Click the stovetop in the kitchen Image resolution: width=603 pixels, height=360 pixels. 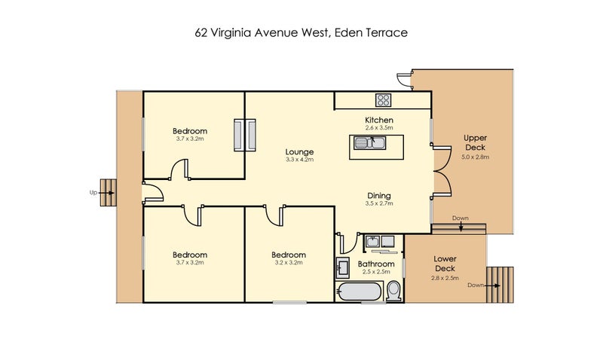(x=383, y=100)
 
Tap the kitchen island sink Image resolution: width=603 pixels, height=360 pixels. (x=369, y=143)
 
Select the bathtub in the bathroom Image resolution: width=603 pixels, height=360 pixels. (x=360, y=291)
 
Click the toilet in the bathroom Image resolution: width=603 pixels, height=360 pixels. (x=393, y=291)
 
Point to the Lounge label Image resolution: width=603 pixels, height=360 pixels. (x=299, y=152)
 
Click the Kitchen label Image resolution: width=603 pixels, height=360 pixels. (x=379, y=120)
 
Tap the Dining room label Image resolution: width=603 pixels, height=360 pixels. (x=379, y=196)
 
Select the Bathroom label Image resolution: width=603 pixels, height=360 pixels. (x=376, y=264)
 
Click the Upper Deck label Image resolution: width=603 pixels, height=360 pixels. (x=476, y=142)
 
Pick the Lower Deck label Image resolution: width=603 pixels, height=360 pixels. (x=445, y=264)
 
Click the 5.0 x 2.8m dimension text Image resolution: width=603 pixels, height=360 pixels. (x=476, y=157)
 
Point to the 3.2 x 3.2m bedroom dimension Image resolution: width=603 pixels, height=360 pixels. (x=289, y=263)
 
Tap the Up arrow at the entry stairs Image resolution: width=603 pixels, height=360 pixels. (x=106, y=193)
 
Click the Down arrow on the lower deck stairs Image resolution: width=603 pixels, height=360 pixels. (x=492, y=285)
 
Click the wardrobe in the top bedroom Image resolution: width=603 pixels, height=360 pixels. (x=245, y=135)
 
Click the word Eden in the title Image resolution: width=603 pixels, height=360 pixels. (x=348, y=32)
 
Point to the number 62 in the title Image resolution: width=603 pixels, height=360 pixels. (x=201, y=32)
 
